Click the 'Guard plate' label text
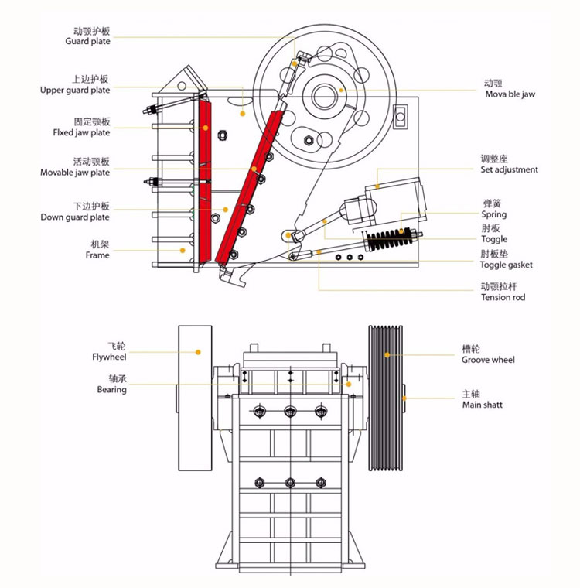click(x=87, y=41)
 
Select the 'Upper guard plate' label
click(x=75, y=90)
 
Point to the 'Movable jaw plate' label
click(x=75, y=173)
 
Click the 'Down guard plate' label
click(x=75, y=217)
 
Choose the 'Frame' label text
click(x=97, y=255)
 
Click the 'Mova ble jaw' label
click(x=510, y=94)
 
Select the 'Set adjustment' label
click(x=509, y=169)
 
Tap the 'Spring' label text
click(x=493, y=214)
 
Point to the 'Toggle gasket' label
click(x=506, y=265)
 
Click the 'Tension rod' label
click(x=503, y=297)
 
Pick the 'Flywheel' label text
click(x=108, y=357)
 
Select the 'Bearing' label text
click(x=111, y=390)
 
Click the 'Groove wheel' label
click(x=488, y=360)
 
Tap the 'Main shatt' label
click(x=482, y=404)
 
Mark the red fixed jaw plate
click(x=205, y=182)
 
